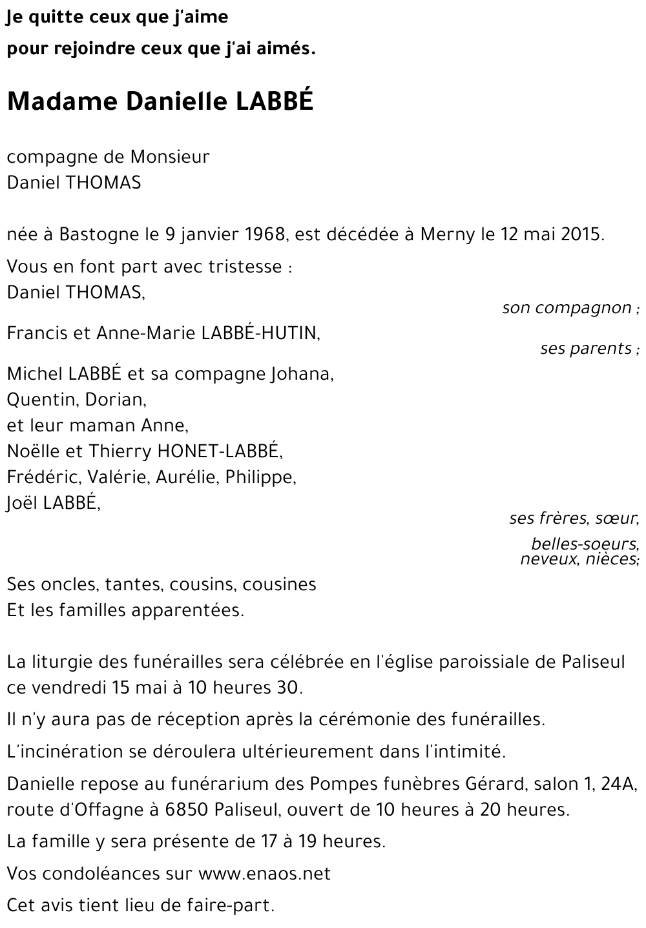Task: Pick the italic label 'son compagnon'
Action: [x=567, y=308]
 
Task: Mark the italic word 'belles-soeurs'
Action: [x=584, y=544]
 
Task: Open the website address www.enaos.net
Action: [x=264, y=874]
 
